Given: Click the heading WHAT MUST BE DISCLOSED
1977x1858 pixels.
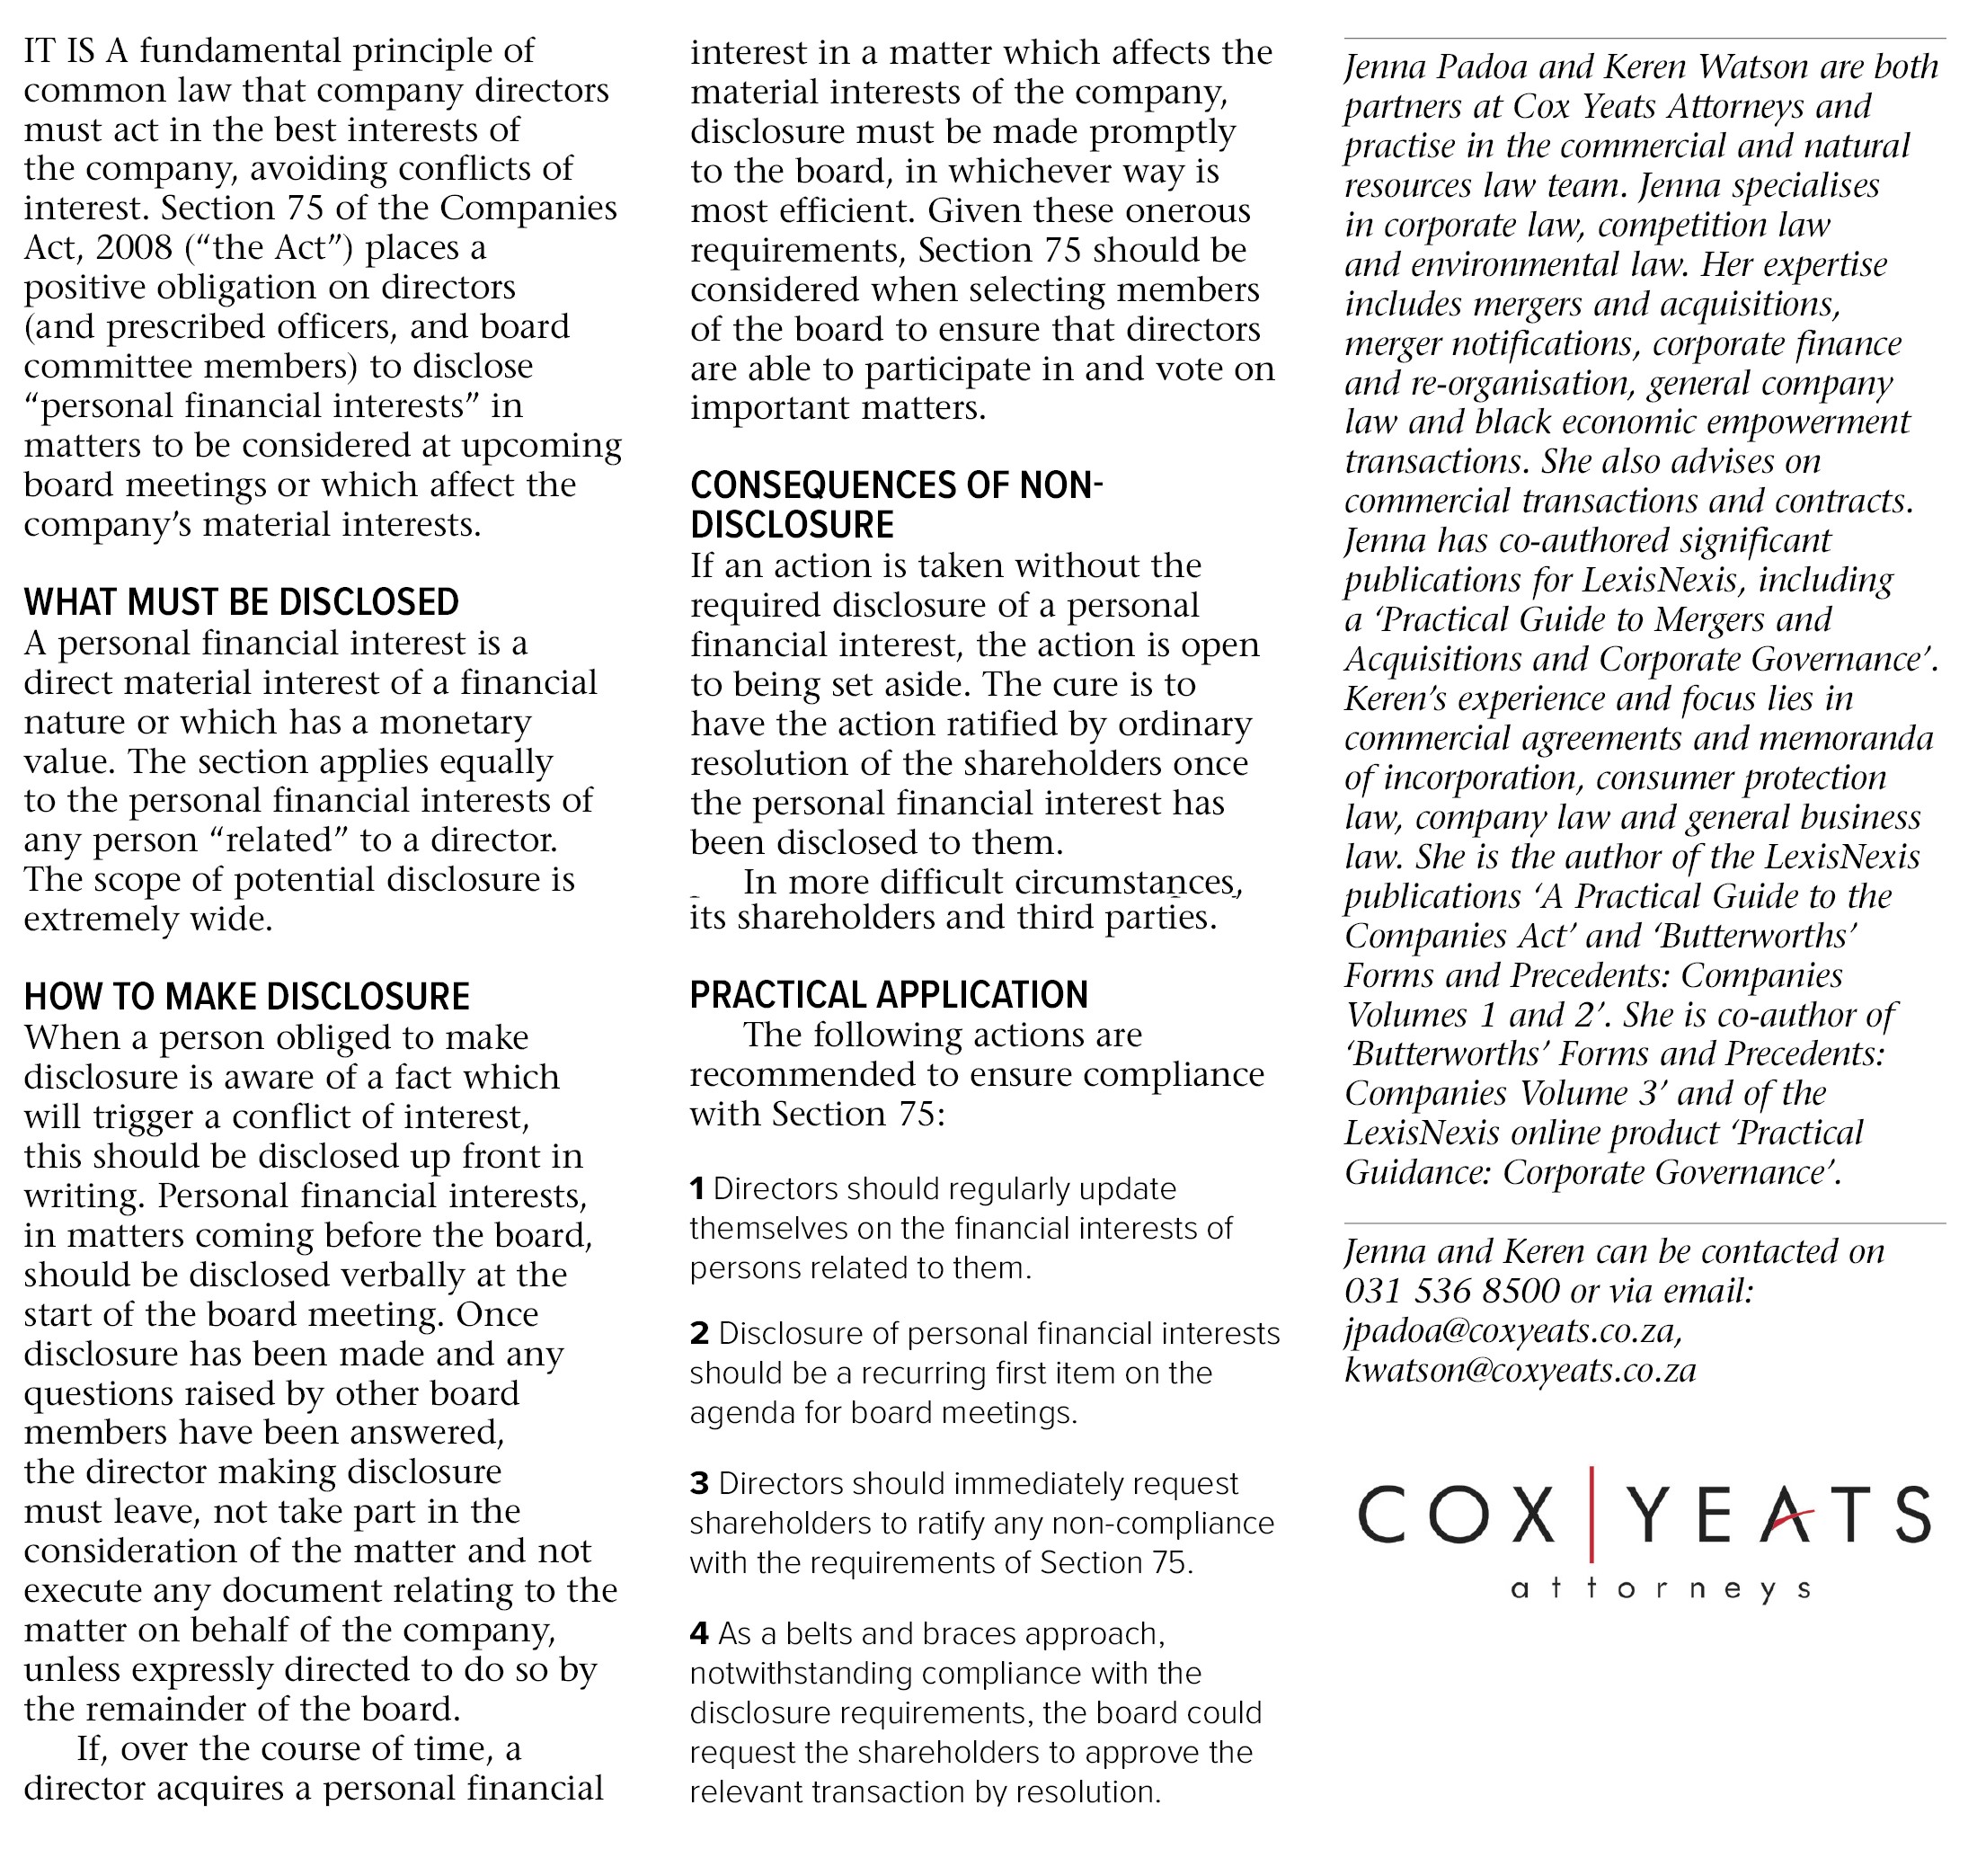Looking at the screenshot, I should coord(241,603).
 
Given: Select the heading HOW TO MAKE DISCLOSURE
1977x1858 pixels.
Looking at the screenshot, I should coord(246,997).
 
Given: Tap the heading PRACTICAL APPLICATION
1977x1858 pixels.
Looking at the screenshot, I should coord(888,995).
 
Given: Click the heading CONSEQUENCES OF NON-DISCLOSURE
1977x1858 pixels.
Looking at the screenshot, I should coord(895,504).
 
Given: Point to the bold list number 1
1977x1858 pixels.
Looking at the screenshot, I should coord(697,1188).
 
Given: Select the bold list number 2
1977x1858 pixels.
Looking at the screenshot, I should coord(699,1334).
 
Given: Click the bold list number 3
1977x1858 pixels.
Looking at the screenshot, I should coord(699,1484).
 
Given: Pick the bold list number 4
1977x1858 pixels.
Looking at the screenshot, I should coord(699,1634).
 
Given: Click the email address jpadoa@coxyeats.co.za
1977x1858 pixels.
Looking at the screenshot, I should coord(1512,1331).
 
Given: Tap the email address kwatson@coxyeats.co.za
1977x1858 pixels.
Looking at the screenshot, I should coord(1520,1371).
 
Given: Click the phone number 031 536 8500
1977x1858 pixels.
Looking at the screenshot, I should coord(1451,1291).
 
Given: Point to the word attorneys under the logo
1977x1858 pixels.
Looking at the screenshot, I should coord(1660,1588).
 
